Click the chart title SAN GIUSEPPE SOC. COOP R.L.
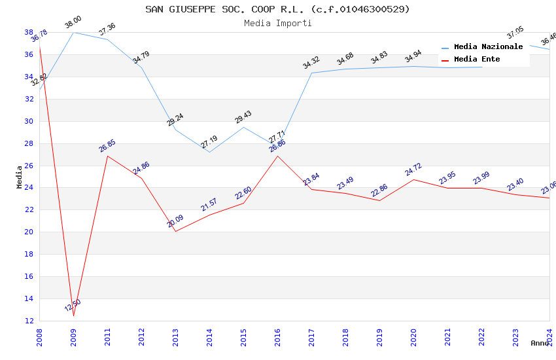pyautogui.click(x=277, y=9)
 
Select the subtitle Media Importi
pyautogui.click(x=277, y=23)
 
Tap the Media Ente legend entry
pyautogui.click(x=477, y=60)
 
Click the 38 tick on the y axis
pyautogui.click(x=29, y=32)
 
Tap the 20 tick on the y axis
pyautogui.click(x=29, y=232)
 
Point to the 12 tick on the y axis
pyautogui.click(x=29, y=321)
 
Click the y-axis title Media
pyautogui.click(x=20, y=177)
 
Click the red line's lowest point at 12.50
pyautogui.click(x=73, y=315)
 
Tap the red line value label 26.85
pyautogui.click(x=107, y=145)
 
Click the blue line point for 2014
pyautogui.click(x=209, y=152)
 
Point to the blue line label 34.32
pyautogui.click(x=311, y=63)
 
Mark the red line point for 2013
pyautogui.click(x=175, y=231)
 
